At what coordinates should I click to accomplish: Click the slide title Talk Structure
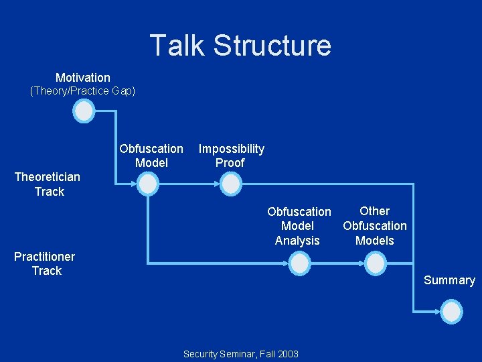pos(240,46)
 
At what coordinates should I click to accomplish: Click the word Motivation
pos(83,78)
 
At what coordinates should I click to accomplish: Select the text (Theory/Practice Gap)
pos(83,91)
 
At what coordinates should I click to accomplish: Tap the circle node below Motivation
pos(84,111)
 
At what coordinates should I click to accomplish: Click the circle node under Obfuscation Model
pos(147,183)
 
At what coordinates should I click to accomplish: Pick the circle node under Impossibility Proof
pos(230,183)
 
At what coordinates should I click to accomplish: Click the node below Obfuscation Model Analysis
pos(301,264)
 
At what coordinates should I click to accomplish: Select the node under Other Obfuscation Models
pos(376,264)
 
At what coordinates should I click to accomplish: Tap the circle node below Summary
pos(452,312)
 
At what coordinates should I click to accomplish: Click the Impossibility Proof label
pos(231,156)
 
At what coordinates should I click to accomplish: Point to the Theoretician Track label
pos(48,184)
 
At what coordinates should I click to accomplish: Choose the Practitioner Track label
pos(45,263)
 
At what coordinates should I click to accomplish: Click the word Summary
pos(449,280)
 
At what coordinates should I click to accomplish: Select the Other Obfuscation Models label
pos(375,226)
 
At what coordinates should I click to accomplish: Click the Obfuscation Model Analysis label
pos(299,226)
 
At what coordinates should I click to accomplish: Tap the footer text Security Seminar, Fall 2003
pos(241,354)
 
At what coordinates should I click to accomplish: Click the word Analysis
pos(297,241)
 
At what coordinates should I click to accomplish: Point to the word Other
pos(375,211)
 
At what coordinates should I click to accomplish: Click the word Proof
pos(230,163)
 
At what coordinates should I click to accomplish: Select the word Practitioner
pos(45,257)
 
